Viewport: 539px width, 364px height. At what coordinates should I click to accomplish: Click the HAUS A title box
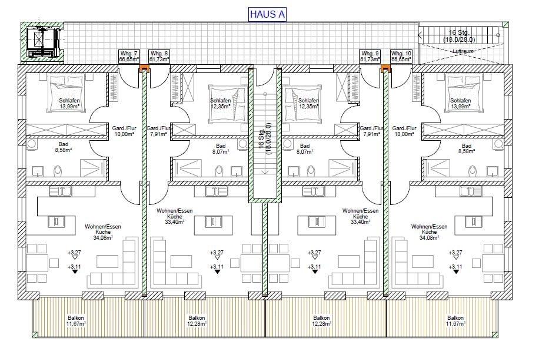point(267,14)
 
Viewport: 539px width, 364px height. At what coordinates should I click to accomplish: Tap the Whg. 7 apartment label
point(129,57)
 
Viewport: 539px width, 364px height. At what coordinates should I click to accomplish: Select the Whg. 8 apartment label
point(159,57)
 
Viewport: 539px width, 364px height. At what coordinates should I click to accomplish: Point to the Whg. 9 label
point(370,57)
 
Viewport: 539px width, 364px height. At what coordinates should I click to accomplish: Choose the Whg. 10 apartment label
point(401,57)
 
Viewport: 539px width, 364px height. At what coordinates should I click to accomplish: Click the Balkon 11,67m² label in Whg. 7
point(76,320)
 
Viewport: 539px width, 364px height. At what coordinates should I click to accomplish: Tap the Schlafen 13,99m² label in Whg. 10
point(461,103)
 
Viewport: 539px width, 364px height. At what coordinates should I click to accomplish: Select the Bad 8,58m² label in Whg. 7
point(63,147)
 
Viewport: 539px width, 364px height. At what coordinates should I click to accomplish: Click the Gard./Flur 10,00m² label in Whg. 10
point(404,131)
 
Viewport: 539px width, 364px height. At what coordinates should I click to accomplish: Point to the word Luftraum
point(463,51)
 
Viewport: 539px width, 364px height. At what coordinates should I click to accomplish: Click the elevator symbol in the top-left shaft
point(44,42)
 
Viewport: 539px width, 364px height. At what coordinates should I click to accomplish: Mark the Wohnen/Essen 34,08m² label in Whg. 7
point(103,232)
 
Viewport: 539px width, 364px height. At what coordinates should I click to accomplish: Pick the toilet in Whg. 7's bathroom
point(58,170)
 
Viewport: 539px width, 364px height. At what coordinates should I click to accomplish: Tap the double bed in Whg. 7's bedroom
point(66,93)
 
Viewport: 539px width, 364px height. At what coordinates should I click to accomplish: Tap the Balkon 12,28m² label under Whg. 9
point(321,320)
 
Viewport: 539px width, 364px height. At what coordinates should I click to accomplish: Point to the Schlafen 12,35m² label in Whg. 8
point(220,103)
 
